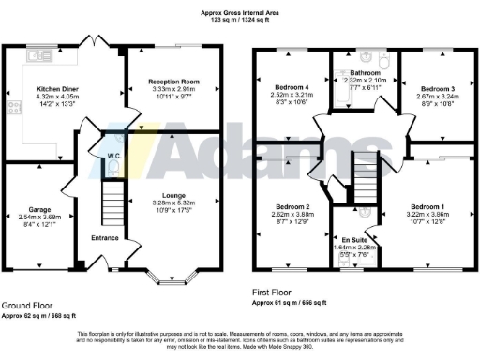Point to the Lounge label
pos(174,196)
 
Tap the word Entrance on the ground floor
pos(106,238)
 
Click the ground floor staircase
pos(112,202)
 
